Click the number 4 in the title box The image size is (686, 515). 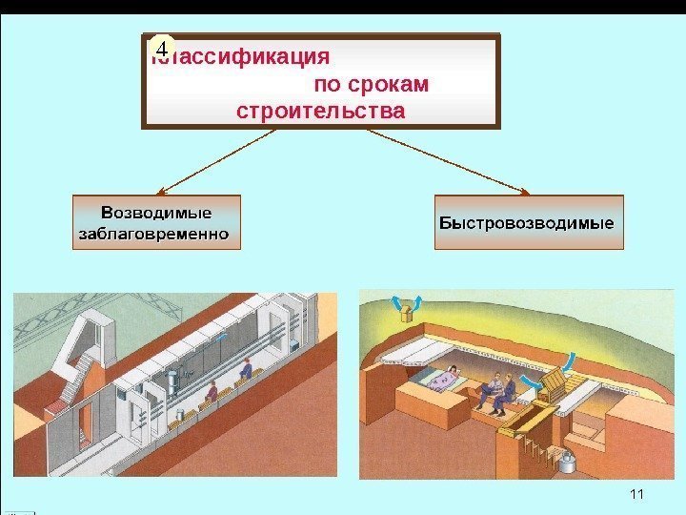click(163, 48)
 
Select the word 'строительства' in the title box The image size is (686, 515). click(319, 112)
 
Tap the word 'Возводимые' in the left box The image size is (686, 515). click(157, 211)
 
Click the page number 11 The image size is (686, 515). click(637, 493)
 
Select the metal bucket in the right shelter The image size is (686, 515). click(569, 462)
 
